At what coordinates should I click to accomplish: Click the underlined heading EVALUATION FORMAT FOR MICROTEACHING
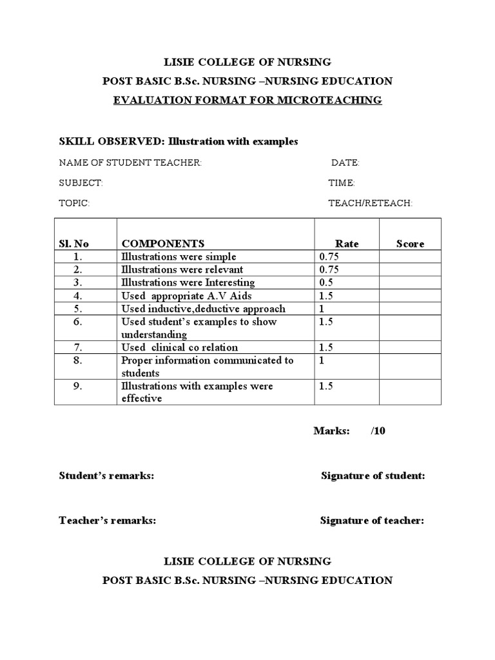pyautogui.click(x=247, y=100)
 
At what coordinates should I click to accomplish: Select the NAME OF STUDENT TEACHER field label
pyautogui.click(x=130, y=163)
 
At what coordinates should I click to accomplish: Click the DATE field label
pyautogui.click(x=345, y=163)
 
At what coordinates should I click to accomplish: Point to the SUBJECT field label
pyautogui.click(x=81, y=183)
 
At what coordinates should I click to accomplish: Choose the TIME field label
pyautogui.click(x=342, y=183)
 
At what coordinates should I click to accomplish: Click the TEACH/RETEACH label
pyautogui.click(x=370, y=203)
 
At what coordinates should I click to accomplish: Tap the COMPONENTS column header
pyautogui.click(x=163, y=244)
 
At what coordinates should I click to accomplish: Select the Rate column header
pyautogui.click(x=347, y=244)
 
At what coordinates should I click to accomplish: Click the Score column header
pyautogui.click(x=410, y=244)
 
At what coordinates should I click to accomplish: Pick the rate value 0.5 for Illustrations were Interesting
pyautogui.click(x=325, y=282)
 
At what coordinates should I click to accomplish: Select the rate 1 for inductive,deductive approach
pyautogui.click(x=322, y=309)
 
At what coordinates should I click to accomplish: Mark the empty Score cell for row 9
pyautogui.click(x=410, y=392)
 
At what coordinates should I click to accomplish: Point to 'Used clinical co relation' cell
pyautogui.click(x=179, y=347)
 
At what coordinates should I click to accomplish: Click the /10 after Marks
pyautogui.click(x=378, y=431)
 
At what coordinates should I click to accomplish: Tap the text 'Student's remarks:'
pyautogui.click(x=106, y=476)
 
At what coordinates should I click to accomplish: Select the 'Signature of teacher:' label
pyautogui.click(x=372, y=521)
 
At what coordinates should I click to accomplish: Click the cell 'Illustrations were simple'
pyautogui.click(x=179, y=257)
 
